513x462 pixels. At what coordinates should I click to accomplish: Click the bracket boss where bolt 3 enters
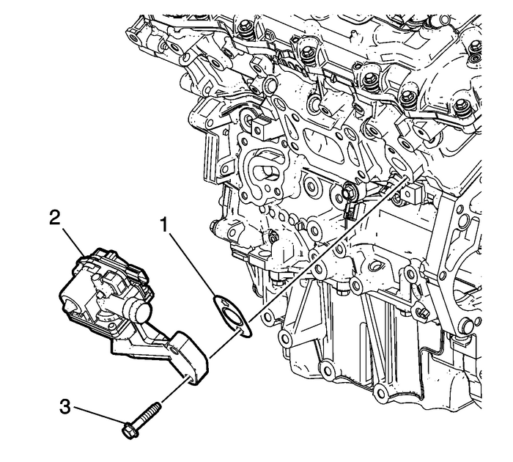[x=194, y=375]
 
